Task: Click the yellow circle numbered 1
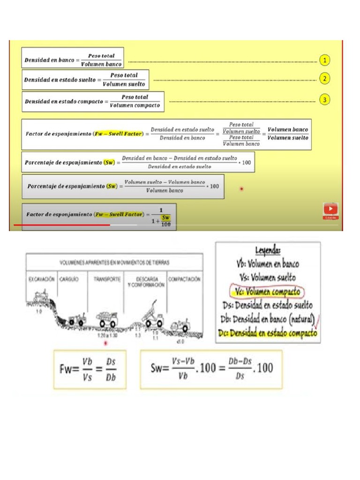[325, 60]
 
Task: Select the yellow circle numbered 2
[325, 79]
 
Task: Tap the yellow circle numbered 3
[325, 99]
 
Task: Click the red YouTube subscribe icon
[330, 210]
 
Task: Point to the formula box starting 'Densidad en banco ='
[73, 60]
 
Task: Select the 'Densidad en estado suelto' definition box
[85, 80]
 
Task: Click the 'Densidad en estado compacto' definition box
[93, 101]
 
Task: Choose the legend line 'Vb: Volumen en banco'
[268, 264]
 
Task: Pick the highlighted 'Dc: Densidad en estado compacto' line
[268, 333]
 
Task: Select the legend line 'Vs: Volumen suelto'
[268, 277]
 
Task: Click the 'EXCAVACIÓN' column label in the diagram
[41, 279]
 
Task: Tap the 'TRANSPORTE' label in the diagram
[107, 279]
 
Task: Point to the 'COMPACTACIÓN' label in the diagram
[185, 279]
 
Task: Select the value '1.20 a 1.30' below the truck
[105, 335]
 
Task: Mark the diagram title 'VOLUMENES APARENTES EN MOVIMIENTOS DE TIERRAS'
[114, 262]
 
